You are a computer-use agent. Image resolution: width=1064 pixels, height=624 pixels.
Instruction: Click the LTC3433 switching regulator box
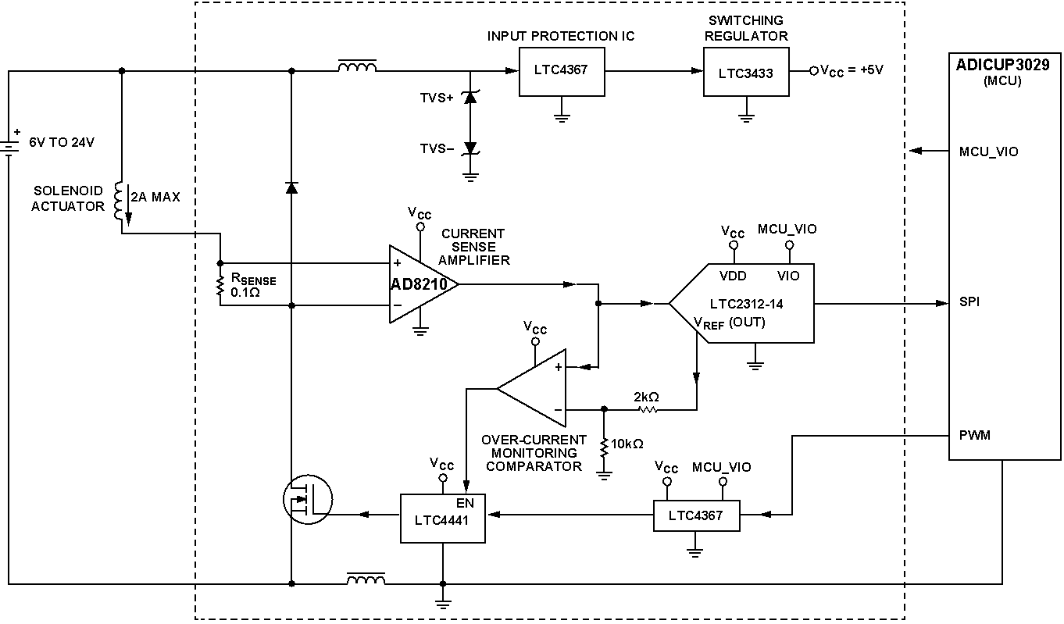[746, 72]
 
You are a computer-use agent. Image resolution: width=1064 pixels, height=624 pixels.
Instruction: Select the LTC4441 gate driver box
[443, 518]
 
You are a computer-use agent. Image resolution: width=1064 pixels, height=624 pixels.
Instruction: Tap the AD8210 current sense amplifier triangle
[423, 284]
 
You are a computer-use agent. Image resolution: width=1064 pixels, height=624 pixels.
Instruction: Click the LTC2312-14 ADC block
[741, 303]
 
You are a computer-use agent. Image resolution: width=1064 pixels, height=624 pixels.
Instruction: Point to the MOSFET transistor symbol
[308, 499]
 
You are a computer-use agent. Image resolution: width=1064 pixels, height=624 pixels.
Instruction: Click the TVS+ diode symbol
[470, 98]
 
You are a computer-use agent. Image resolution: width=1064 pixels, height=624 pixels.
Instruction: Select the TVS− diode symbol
[470, 148]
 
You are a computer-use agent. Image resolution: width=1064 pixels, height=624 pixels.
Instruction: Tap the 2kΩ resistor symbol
[648, 409]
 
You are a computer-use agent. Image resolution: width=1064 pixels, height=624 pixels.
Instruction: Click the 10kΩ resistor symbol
[604, 447]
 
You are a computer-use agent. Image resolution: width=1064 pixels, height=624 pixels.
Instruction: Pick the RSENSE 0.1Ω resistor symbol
[220, 286]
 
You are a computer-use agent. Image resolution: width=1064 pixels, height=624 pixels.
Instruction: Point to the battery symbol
[9, 148]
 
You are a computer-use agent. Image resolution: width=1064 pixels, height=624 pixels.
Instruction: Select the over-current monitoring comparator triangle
[531, 388]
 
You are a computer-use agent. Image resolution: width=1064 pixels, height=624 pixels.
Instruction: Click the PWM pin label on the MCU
[975, 435]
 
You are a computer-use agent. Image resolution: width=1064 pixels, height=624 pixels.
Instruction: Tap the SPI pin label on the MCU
[969, 301]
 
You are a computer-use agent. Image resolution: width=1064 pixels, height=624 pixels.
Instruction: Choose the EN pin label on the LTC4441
[465, 503]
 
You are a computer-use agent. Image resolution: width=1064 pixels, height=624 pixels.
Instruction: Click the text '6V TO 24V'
[62, 142]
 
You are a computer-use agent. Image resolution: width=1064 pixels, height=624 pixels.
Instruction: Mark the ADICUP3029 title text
[1002, 65]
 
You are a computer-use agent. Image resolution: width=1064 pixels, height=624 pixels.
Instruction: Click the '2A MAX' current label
[155, 197]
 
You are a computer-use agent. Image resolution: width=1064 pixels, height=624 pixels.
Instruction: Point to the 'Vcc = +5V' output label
[852, 70]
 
